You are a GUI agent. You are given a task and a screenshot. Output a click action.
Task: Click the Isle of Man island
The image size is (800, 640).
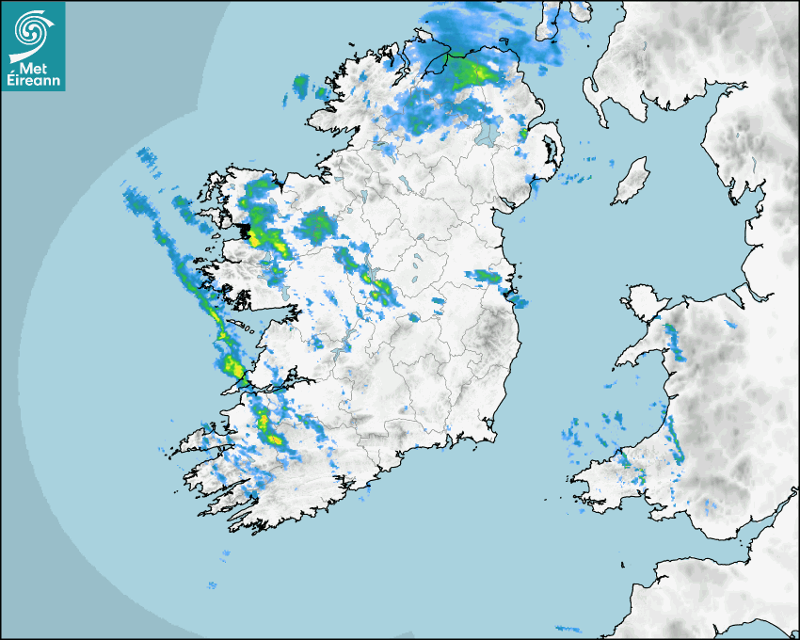tap(631, 182)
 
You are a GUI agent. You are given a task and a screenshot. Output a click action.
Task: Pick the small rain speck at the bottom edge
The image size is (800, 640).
tap(568, 628)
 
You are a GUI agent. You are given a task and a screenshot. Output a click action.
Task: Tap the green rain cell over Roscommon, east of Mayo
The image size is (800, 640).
tap(316, 225)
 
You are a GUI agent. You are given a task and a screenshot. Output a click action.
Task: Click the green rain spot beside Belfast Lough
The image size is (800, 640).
tap(523, 135)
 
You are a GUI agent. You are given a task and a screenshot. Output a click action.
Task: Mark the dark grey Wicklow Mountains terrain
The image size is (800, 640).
tap(489, 334)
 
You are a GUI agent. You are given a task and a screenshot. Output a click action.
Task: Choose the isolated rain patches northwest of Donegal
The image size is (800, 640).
tap(302, 86)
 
